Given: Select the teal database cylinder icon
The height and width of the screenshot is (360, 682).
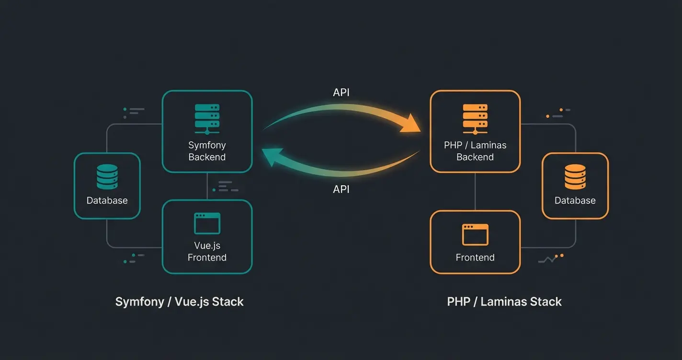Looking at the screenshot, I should click(x=107, y=177).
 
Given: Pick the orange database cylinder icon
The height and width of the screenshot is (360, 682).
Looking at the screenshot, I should click(x=575, y=177).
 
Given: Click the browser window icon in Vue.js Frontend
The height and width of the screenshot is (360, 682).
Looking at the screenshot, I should click(x=207, y=224).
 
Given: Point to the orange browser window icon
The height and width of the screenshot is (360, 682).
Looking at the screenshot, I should click(x=475, y=235).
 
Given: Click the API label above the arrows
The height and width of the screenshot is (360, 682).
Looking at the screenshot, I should click(x=341, y=92).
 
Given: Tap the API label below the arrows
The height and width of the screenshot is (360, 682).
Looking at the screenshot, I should click(x=341, y=190).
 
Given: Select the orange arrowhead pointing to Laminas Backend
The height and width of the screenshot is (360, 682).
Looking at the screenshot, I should click(x=410, y=125).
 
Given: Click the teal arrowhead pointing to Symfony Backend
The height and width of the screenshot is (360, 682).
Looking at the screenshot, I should click(x=271, y=157).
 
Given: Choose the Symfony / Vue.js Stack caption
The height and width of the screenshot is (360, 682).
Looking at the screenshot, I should click(x=180, y=302).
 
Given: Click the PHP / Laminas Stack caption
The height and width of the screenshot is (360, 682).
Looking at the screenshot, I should click(x=504, y=302).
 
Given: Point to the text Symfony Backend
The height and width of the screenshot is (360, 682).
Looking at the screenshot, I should click(x=207, y=151).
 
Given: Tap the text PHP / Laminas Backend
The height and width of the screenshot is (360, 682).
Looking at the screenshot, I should click(x=475, y=151).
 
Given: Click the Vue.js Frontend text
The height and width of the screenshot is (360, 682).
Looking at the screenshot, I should click(x=207, y=251).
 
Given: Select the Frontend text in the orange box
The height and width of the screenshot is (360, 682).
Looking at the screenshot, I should click(x=475, y=258).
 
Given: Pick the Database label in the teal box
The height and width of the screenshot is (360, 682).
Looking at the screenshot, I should click(x=107, y=201).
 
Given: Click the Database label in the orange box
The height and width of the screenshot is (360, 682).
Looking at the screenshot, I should click(x=575, y=201).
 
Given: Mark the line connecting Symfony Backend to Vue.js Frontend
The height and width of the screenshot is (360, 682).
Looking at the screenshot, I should click(x=207, y=186).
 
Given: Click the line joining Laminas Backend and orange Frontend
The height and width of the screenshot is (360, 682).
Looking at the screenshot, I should click(x=475, y=191).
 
